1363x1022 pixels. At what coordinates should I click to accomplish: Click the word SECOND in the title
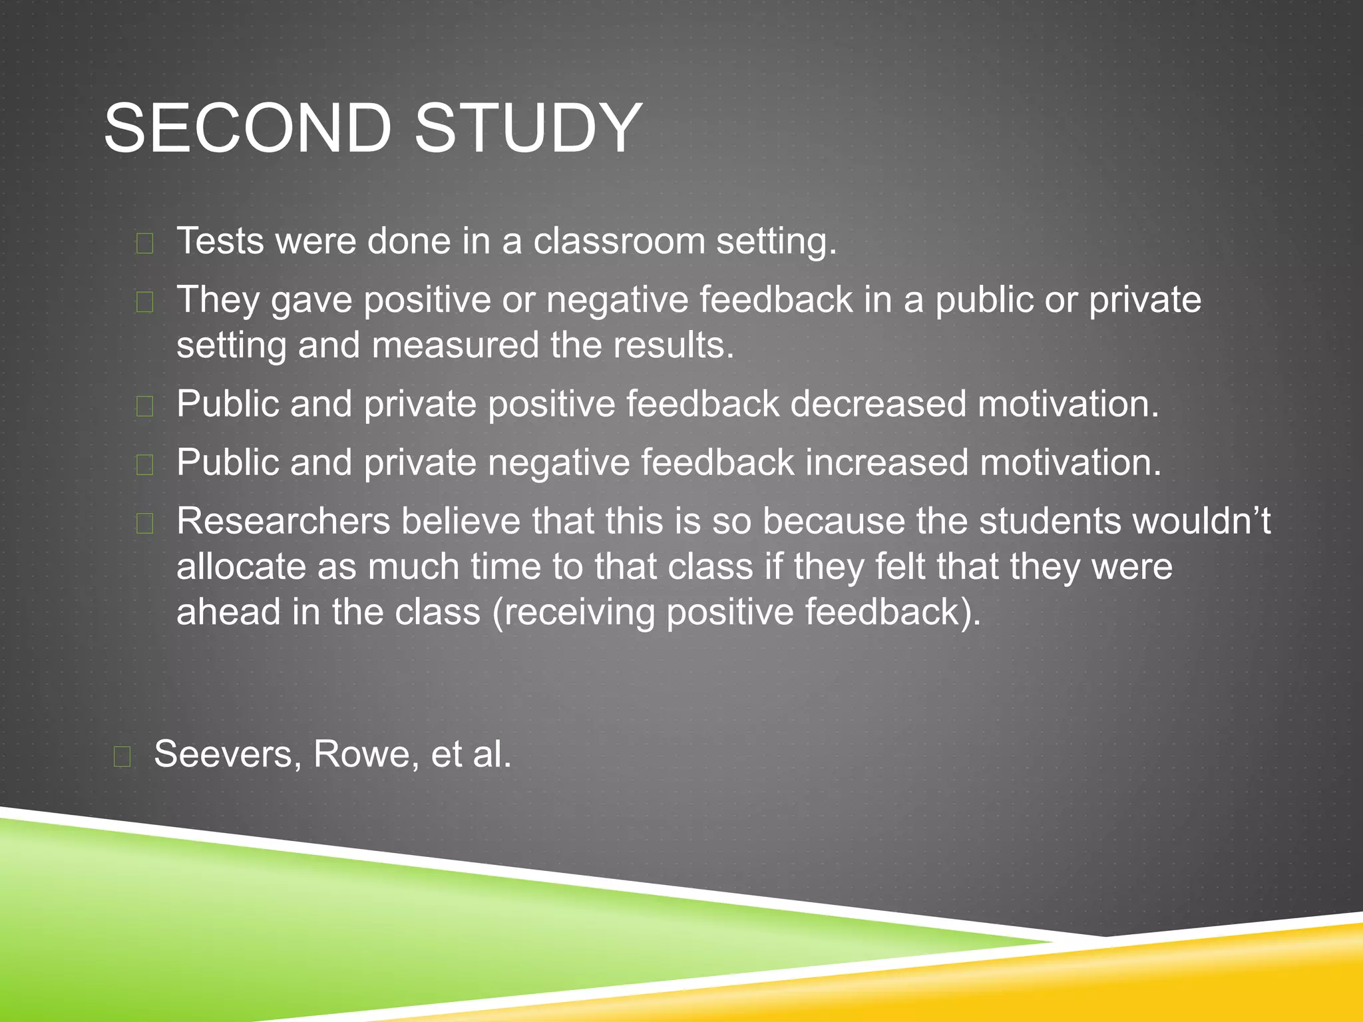pyautogui.click(x=248, y=128)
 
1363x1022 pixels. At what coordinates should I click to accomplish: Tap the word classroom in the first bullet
pyautogui.click(x=619, y=241)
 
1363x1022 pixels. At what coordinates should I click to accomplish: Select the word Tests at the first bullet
pyautogui.click(x=220, y=241)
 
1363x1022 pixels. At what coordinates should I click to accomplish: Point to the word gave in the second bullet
pyautogui.click(x=311, y=300)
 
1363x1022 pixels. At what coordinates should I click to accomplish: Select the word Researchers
pyautogui.click(x=283, y=521)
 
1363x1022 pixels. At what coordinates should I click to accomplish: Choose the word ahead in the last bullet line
pyautogui.click(x=228, y=612)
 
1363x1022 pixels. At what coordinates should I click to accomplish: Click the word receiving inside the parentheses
pyautogui.click(x=580, y=613)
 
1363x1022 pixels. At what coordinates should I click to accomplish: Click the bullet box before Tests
pyautogui.click(x=144, y=244)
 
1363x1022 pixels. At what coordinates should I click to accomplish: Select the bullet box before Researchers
pyautogui.click(x=144, y=524)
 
